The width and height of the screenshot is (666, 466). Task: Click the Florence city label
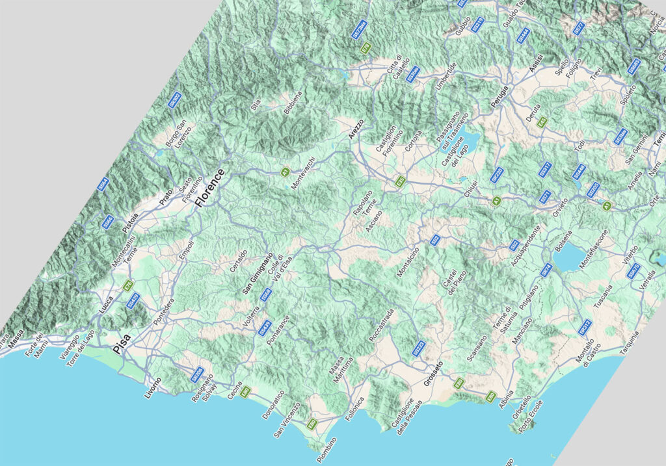tap(209, 188)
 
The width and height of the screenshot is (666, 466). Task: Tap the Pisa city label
tap(122, 343)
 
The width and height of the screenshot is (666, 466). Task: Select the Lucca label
tap(107, 306)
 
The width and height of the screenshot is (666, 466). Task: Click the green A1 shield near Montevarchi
tap(284, 171)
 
